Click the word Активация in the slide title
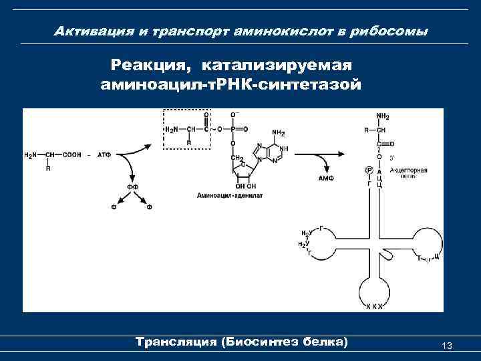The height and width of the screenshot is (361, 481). (88, 31)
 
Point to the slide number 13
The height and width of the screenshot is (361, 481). (447, 345)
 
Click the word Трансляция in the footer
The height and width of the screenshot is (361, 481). (176, 342)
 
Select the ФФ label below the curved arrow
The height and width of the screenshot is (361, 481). (133, 187)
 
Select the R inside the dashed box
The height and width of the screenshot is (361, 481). (189, 142)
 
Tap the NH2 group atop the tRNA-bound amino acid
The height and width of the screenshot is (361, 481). (383, 116)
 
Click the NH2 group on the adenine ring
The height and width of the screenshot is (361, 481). (279, 132)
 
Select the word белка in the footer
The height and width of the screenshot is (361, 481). (325, 342)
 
